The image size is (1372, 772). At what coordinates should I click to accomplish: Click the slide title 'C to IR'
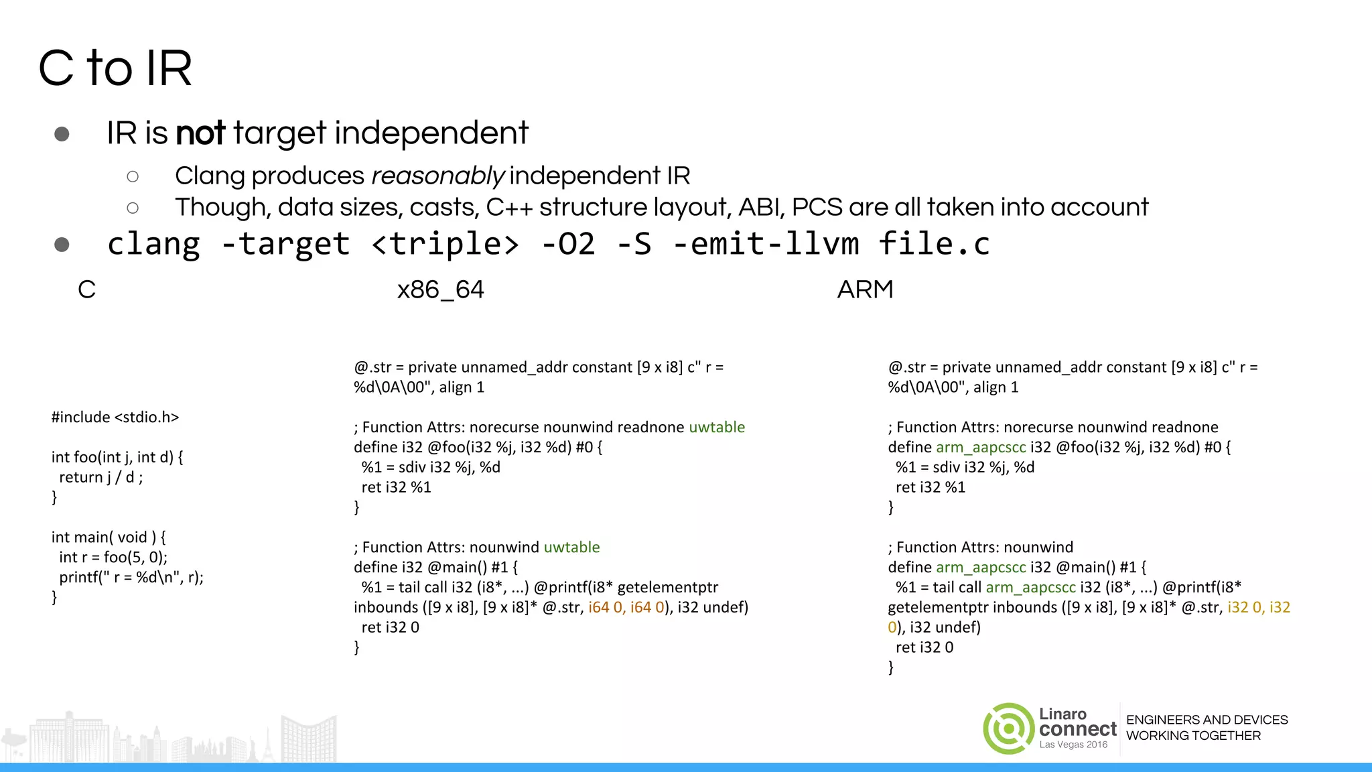(115, 68)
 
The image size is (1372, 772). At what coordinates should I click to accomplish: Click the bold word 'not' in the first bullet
(200, 133)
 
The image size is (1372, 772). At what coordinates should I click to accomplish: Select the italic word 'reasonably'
(437, 176)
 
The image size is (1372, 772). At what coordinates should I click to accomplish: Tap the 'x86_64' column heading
(440, 289)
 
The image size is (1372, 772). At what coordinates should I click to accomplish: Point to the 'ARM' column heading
(865, 289)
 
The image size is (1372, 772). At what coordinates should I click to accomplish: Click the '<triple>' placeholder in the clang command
(445, 244)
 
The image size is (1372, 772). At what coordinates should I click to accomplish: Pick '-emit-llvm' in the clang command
(766, 244)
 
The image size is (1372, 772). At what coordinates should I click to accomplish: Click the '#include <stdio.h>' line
(115, 417)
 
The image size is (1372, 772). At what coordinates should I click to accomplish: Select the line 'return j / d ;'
(100, 477)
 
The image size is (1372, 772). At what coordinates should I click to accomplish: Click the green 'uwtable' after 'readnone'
(717, 428)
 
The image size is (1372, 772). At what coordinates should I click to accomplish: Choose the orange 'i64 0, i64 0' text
(626, 608)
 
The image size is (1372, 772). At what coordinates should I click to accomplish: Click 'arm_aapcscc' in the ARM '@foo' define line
(980, 448)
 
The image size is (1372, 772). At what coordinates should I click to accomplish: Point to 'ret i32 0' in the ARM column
(924, 647)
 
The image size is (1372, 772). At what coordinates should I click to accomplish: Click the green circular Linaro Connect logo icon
(1008, 728)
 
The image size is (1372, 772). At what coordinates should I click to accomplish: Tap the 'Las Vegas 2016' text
(1073, 745)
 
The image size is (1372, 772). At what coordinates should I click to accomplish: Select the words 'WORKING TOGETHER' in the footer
(1193, 736)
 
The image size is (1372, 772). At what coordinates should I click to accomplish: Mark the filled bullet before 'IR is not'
(62, 134)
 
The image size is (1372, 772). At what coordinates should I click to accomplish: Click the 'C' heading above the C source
(86, 289)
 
